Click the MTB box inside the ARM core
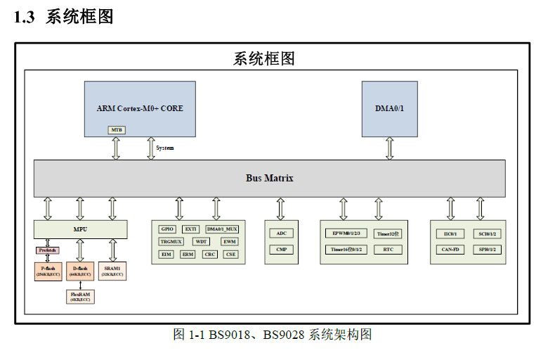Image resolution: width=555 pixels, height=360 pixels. [x=117, y=130]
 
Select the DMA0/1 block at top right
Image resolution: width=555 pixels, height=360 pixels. [x=389, y=109]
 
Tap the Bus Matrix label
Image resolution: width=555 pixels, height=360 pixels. [x=269, y=179]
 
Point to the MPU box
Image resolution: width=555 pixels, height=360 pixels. [x=80, y=229]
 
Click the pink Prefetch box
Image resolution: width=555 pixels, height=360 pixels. [x=48, y=250]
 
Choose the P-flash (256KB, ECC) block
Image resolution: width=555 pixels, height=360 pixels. [x=48, y=271]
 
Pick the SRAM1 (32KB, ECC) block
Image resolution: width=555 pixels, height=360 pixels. [x=112, y=271]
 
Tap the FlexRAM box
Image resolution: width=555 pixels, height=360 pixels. [x=80, y=296]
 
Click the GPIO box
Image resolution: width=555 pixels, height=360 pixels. [x=167, y=229]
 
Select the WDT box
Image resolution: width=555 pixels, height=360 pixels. [x=202, y=241]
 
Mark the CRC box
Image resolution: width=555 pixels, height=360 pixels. [x=210, y=254]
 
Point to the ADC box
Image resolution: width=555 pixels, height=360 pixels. [x=281, y=233]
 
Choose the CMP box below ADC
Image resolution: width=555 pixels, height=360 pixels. [x=281, y=249]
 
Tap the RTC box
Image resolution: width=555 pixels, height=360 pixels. [x=388, y=249]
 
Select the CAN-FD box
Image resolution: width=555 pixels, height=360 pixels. [x=450, y=249]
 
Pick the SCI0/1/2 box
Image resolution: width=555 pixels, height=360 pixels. [x=487, y=233]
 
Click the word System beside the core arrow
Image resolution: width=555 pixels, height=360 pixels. [x=164, y=148]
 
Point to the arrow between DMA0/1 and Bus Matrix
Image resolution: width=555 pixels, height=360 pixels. [x=389, y=148]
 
